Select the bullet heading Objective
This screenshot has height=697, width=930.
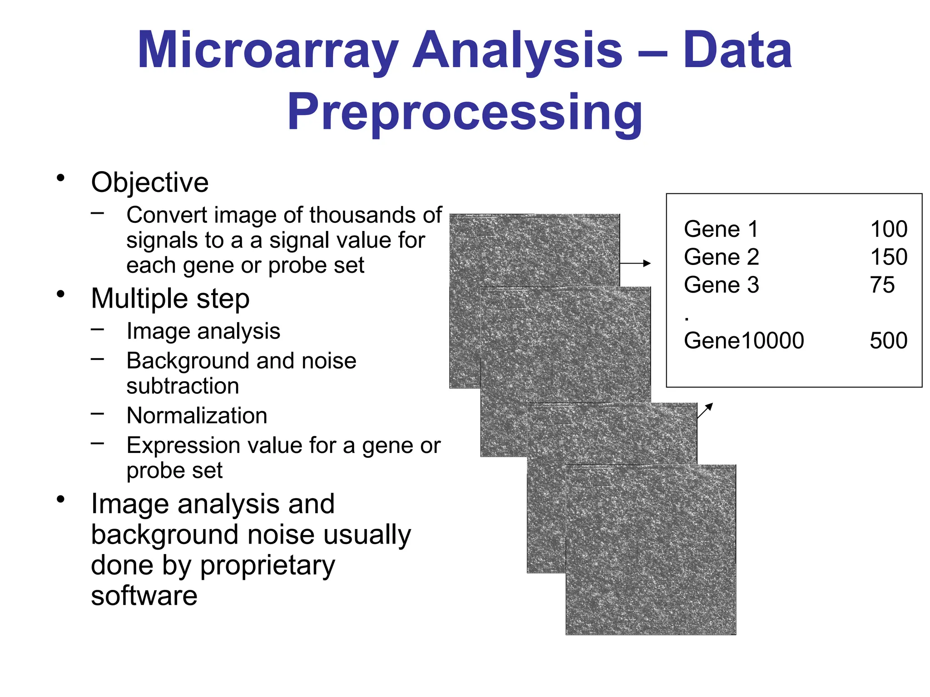149,182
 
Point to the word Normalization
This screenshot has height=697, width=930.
197,416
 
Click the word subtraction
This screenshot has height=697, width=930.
183,386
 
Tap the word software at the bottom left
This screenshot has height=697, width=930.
144,596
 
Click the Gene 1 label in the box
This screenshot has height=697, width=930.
721,229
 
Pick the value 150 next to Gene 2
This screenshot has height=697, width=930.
888,257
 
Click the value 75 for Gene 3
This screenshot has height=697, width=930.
882,285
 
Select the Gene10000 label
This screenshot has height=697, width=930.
743,341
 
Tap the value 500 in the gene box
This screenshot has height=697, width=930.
888,341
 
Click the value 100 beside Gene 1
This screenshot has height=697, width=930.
888,229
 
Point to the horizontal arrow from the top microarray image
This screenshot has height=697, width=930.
635,263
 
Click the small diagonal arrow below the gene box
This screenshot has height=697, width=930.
705,410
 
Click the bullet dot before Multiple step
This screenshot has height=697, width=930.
61,295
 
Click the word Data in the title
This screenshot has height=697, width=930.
737,51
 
